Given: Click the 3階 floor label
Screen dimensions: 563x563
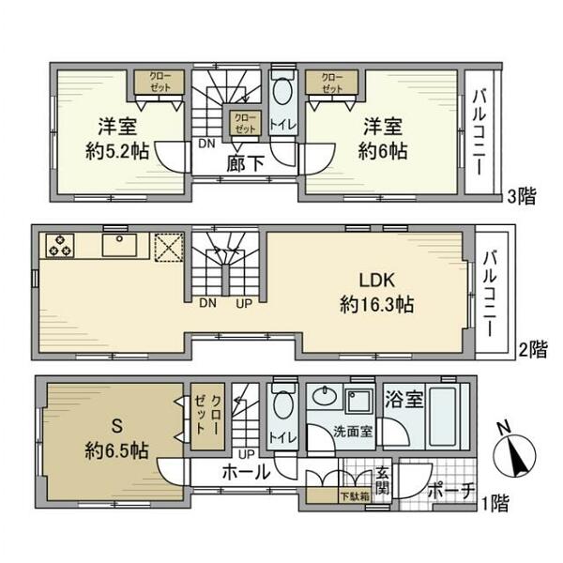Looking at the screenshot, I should tap(523, 197).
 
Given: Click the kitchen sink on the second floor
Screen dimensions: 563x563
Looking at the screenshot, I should tap(120, 246).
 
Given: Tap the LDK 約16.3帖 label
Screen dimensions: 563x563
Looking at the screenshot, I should tap(378, 292).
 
